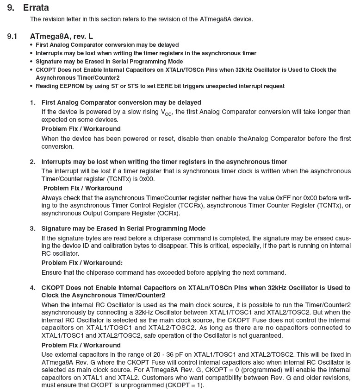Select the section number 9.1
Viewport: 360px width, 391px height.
[13, 36]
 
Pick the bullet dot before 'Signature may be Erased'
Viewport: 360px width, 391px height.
[31, 62]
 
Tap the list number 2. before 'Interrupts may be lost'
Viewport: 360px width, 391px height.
[32, 162]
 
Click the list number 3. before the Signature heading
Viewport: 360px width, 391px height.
[32, 228]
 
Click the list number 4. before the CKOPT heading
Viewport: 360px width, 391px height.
[32, 288]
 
